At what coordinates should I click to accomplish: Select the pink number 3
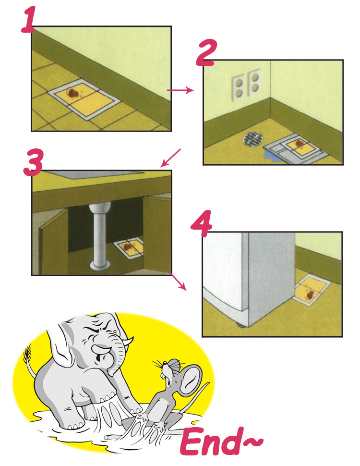(x=34, y=162)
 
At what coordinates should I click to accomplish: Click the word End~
(x=221, y=442)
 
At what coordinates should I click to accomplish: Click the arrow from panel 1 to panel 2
(x=180, y=90)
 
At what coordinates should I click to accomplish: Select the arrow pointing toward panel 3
(x=170, y=158)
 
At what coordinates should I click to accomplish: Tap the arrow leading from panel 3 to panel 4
(x=177, y=280)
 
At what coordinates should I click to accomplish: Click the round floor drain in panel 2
(x=253, y=139)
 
